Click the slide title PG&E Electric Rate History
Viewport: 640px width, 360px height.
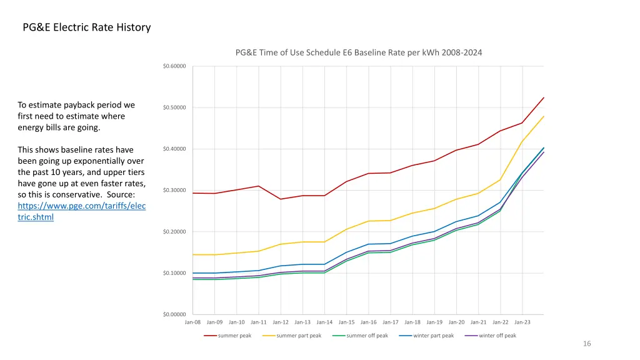(x=86, y=27)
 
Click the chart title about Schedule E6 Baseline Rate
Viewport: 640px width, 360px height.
(x=359, y=52)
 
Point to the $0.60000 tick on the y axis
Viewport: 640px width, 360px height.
(x=174, y=66)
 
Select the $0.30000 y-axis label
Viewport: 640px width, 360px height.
(x=174, y=191)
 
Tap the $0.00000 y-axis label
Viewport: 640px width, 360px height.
(x=174, y=314)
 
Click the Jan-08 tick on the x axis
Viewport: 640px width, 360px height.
(x=192, y=322)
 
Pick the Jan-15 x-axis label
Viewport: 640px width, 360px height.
(x=346, y=322)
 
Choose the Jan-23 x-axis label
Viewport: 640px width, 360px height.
(x=522, y=322)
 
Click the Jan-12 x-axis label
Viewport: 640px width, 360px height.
(x=281, y=322)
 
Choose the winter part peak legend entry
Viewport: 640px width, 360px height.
(x=433, y=336)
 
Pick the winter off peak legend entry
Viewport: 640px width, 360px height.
(x=497, y=336)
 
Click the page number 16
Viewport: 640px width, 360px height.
(x=586, y=344)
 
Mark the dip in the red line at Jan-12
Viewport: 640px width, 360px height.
(x=281, y=199)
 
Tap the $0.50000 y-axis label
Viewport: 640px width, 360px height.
(x=174, y=107)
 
